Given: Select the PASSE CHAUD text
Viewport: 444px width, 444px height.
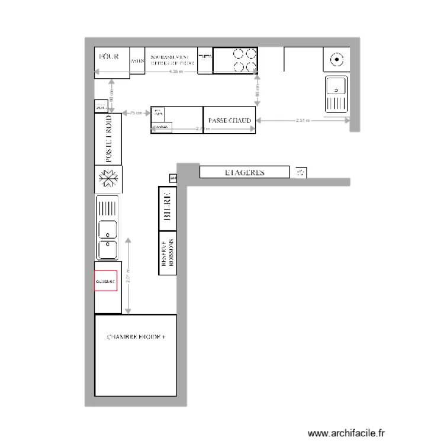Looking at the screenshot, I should pos(230,120).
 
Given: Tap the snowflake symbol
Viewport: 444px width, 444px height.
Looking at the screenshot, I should pos(108,178).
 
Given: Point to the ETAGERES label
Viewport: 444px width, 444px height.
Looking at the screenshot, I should pos(244,173).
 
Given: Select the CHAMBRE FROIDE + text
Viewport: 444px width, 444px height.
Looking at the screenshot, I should pos(137,336).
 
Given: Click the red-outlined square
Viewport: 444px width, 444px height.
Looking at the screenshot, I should pos(106,282).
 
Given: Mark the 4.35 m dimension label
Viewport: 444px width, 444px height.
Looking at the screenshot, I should pos(176,72).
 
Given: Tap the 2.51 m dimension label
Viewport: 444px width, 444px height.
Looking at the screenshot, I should pos(303,120).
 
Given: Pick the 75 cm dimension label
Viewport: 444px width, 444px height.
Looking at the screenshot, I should pos(136,112).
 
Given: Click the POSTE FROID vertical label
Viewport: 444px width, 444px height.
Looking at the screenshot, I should pos(108,140).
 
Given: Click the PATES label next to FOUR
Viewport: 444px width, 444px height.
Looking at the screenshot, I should pos(137,60).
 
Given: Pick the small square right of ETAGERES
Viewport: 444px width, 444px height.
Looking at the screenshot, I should pos(300,172).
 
